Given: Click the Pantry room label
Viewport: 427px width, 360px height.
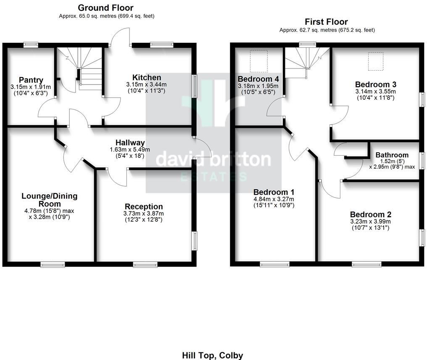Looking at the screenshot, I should point(31,80).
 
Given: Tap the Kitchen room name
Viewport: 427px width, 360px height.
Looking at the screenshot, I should point(147,77).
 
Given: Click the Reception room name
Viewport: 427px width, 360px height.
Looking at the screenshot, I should point(144,206).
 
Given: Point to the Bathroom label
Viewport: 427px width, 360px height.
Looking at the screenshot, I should point(392,155).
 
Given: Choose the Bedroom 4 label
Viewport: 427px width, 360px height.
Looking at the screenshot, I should point(258,79).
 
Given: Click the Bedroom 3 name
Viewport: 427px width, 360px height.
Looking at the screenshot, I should point(375,84).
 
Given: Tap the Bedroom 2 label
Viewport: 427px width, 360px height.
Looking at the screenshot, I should point(370,214).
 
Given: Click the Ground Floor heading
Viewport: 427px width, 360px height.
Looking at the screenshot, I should point(105,8).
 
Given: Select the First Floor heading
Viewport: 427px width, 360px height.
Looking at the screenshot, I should point(327,21).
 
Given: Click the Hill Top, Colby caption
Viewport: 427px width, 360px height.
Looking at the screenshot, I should point(212,355).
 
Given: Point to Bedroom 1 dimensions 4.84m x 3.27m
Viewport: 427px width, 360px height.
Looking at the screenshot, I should point(274,199).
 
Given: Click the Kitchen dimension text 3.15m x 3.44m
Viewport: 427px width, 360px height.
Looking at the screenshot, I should point(147,84).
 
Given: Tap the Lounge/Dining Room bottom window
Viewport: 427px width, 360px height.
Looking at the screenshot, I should point(53,264).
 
